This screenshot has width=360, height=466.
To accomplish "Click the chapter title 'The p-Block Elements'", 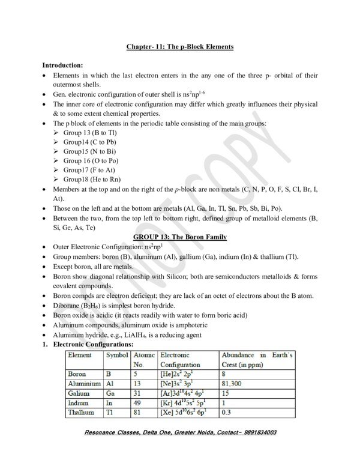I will coord(198,46).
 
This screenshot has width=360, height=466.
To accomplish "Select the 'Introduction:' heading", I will coord(66,64).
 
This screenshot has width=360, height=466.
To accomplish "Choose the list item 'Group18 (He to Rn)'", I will coord(92,180).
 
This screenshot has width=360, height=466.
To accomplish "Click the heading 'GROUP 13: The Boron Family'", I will coord(180,238).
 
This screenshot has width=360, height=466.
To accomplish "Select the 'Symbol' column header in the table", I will coord(117,356).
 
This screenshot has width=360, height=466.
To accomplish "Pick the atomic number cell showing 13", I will coord(137,383).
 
